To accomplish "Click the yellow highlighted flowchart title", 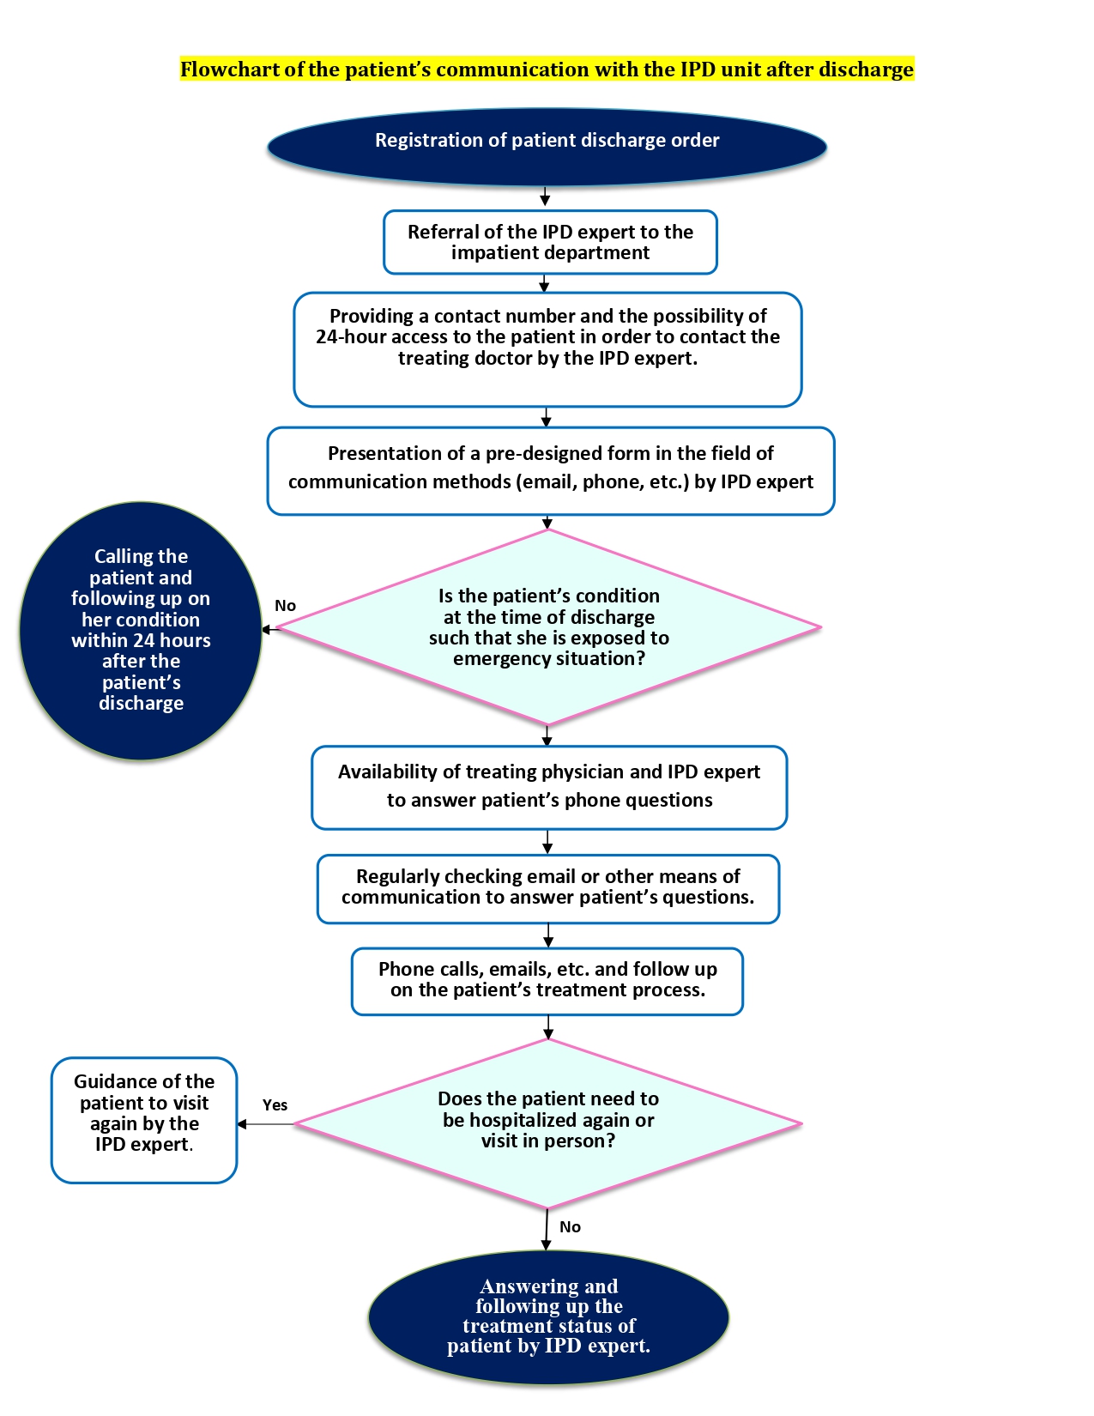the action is pos(547,69).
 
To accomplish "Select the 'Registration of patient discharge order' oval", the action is pos(547,147).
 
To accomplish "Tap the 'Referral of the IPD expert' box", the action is pos(550,242).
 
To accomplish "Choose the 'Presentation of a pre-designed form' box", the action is pos(551,470).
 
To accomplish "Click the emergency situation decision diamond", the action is pos(548,626).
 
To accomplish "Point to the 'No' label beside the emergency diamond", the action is pos(286,606).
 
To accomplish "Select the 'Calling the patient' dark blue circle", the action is pos(141,630).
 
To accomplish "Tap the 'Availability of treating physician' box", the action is pos(549,787).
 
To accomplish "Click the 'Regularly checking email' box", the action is pos(548,889).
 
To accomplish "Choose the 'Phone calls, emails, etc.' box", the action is pos(547,982).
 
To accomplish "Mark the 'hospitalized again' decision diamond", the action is pos(548,1123).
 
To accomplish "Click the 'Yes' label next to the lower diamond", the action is pos(275,1105).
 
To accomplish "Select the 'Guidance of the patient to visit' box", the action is pos(144,1120).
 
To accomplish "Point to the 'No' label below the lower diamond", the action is pos(570,1227).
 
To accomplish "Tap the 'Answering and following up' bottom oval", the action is pos(548,1317).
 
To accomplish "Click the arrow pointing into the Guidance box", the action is pos(266,1124).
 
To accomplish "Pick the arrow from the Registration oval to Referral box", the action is pos(545,197).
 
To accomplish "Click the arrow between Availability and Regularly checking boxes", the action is pos(547,842).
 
